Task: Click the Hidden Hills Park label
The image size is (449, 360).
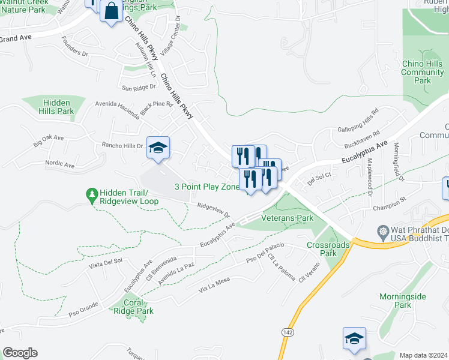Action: pos(56,107)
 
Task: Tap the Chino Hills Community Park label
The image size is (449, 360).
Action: pos(422,72)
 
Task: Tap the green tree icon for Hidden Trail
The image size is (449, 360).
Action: pos(92,194)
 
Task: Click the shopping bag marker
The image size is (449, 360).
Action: pos(111,11)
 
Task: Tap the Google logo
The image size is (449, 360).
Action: pos(20,353)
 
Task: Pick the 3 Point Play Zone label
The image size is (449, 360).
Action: pos(207,187)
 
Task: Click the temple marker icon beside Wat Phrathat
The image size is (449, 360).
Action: pos(382,231)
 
